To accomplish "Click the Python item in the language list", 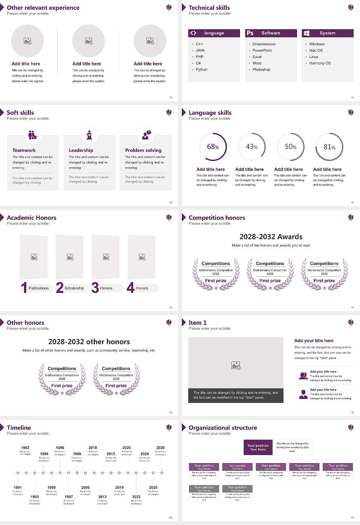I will tap(201, 70).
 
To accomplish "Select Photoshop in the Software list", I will tap(261, 70).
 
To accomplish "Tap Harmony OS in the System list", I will tap(320, 63).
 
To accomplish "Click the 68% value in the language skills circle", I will tap(213, 147).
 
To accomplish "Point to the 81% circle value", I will tap(329, 147).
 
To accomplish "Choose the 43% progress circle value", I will tap(251, 147).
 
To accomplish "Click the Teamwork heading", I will tap(24, 150).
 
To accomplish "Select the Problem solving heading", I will tap(143, 150).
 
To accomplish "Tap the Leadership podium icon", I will tap(89, 135).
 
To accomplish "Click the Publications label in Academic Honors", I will tap(39, 288).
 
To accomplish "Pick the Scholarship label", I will tap(74, 288).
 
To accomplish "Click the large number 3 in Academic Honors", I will tap(95, 288).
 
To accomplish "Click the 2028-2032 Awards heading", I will tap(271, 237).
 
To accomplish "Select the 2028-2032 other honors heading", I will tap(89, 342).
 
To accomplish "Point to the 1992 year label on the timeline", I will tap(25, 448).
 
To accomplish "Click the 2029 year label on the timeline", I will tap(160, 448).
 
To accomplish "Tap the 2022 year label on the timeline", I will tap(136, 497).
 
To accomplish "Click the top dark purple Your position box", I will tap(258, 447).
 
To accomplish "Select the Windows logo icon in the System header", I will tap(307, 33).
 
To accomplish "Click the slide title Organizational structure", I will tap(223, 428).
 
